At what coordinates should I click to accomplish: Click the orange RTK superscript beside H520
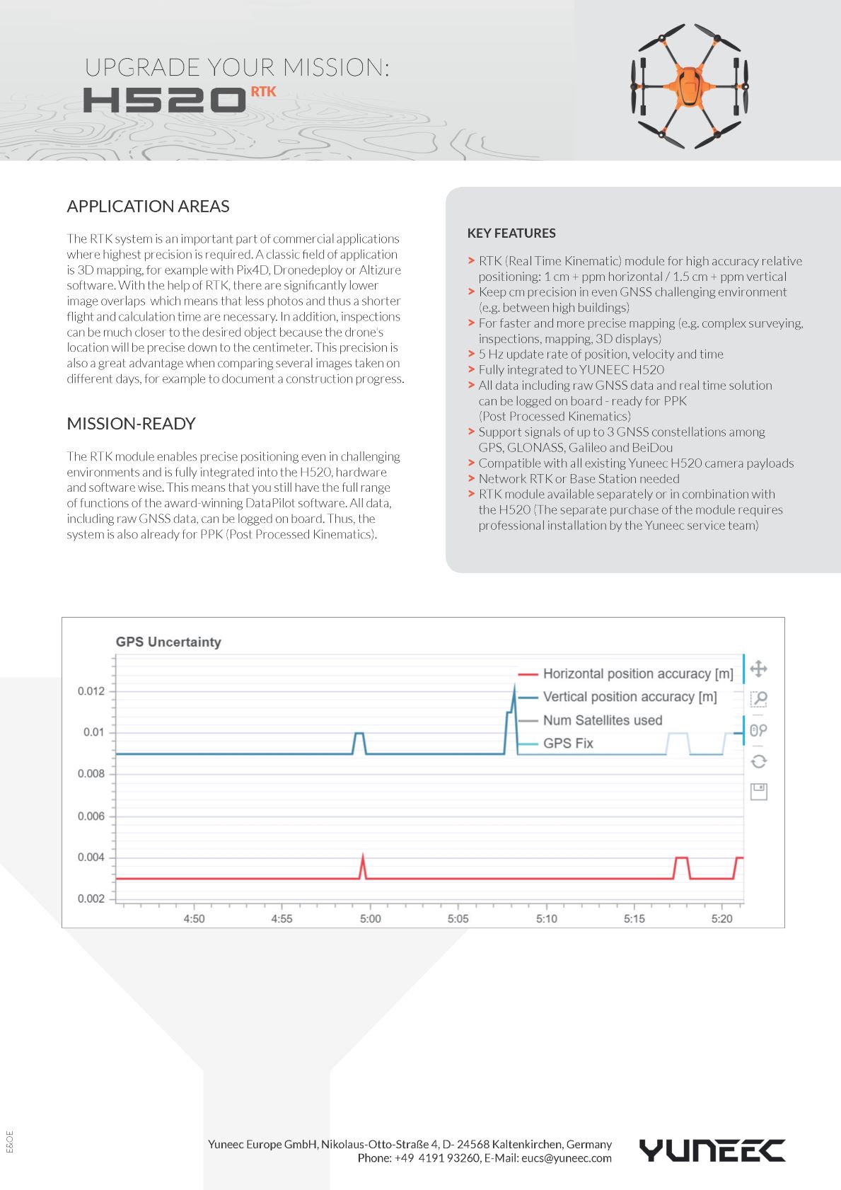[x=263, y=92]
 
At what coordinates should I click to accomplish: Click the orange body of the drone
[x=689, y=86]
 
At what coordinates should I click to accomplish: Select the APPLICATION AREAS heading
[x=148, y=207]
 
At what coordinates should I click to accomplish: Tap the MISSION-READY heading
[x=131, y=424]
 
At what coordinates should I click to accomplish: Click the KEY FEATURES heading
[x=511, y=233]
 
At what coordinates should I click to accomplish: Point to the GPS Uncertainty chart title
[x=168, y=642]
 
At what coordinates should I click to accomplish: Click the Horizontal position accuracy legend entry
[x=637, y=674]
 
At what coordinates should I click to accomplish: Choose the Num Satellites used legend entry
[x=602, y=720]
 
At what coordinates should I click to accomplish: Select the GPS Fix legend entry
[x=567, y=744]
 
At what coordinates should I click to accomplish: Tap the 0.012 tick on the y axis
[x=91, y=691]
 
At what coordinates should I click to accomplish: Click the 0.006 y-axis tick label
[x=91, y=816]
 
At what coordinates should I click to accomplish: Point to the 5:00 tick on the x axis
[x=370, y=919]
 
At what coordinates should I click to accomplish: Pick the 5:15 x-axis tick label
[x=634, y=919]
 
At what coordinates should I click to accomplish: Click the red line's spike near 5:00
[x=363, y=857]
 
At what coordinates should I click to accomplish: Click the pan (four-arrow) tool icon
[x=758, y=669]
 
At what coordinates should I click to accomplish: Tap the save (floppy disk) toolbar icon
[x=758, y=792]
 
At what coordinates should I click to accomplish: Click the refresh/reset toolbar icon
[x=758, y=761]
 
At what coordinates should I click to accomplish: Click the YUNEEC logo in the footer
[x=712, y=1150]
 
